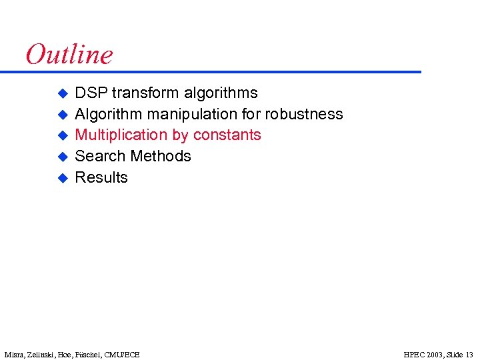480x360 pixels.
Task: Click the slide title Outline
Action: (69, 54)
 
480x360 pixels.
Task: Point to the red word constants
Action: (227, 135)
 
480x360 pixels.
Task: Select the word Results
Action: (101, 177)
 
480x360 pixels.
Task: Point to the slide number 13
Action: (469, 354)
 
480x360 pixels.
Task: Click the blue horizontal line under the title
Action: (220, 71)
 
